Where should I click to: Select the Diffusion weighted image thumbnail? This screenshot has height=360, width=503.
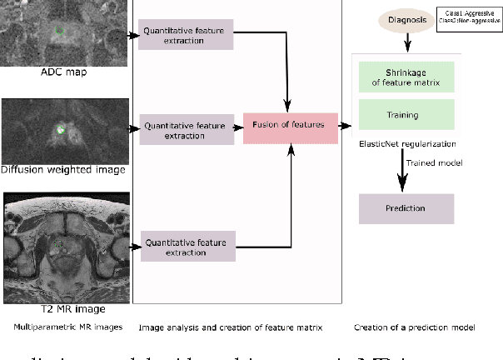(64, 130)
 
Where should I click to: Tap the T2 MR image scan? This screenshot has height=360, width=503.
(64, 239)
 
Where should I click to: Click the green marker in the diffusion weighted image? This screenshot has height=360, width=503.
(60, 130)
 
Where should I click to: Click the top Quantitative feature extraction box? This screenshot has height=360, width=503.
(187, 35)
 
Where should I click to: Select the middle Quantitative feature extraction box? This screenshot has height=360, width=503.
(187, 130)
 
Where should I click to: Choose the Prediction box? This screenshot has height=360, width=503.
(406, 208)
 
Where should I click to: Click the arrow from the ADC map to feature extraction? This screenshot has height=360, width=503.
(134, 36)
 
